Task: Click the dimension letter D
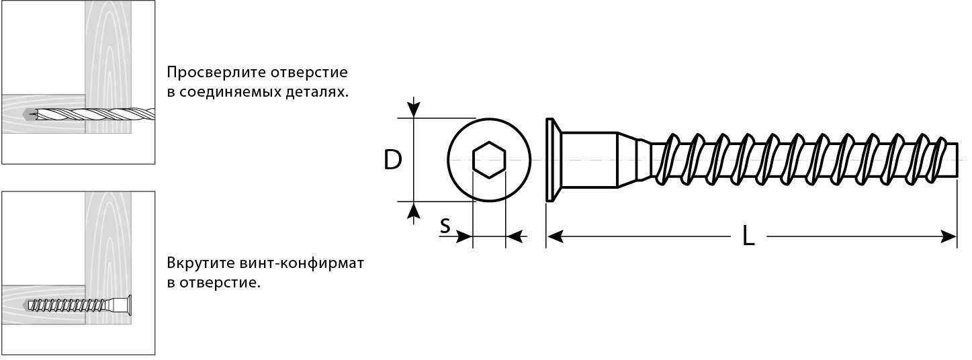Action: (393, 160)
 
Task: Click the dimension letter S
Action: (445, 226)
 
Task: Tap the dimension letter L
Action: (748, 236)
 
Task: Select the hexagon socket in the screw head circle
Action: (489, 160)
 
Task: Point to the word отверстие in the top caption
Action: (309, 73)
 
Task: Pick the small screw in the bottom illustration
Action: (79, 305)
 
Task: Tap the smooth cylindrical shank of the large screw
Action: (590, 160)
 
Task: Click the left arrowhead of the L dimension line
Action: (555, 237)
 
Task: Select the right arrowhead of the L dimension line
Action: (948, 237)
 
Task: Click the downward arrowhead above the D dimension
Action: (414, 109)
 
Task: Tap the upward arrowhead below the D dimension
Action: (414, 210)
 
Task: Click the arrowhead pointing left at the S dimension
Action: (515, 237)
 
